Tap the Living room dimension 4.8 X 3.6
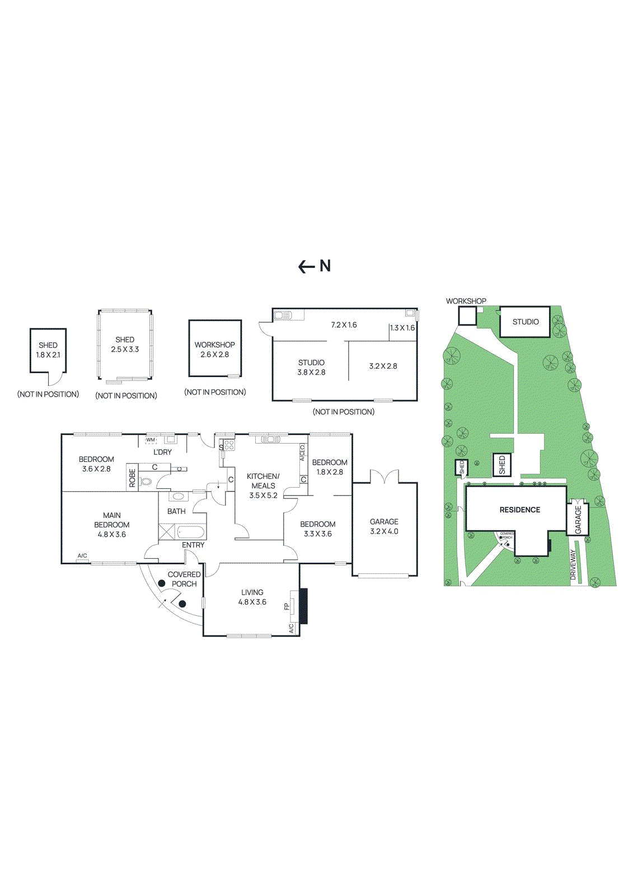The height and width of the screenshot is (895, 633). [x=252, y=602]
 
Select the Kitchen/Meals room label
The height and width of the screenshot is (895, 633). [x=263, y=481]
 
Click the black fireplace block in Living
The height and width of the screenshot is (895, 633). [x=303, y=606]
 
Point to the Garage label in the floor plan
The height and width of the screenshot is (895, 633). [x=384, y=521]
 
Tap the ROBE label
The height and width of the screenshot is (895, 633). [x=133, y=478]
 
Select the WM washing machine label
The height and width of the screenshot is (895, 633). [x=151, y=440]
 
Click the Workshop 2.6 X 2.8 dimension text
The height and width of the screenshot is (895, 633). [x=214, y=355]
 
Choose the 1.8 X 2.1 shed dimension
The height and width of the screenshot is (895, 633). [x=48, y=355]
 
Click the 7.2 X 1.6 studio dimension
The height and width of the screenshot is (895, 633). [x=344, y=325]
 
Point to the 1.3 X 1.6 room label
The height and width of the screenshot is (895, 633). [x=402, y=328]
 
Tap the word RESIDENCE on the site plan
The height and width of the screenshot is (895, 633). [x=519, y=510]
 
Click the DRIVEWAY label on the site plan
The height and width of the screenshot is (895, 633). [x=573, y=567]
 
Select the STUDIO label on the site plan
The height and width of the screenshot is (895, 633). [x=526, y=322]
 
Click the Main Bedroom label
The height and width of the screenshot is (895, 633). [x=112, y=520]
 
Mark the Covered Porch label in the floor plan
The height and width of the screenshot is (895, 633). [x=184, y=579]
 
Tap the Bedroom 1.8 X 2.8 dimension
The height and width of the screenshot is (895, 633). [x=330, y=472]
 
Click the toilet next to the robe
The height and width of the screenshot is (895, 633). [x=147, y=481]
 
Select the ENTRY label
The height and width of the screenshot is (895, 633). [x=193, y=545]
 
